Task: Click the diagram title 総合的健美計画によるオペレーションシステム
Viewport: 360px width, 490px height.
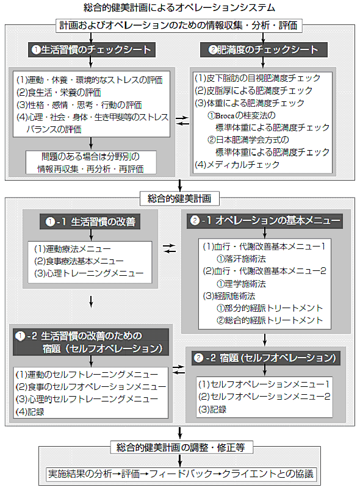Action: click(x=179, y=7)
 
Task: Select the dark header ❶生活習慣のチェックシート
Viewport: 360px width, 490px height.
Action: click(x=92, y=49)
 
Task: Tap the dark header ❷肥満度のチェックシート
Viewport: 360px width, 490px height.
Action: click(x=264, y=49)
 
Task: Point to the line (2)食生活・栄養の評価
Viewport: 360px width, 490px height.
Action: click(x=59, y=93)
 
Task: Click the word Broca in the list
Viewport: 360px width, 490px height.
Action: click(x=225, y=115)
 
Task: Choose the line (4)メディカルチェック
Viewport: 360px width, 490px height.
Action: click(x=237, y=164)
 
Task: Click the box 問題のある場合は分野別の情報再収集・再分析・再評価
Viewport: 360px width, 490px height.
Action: click(x=91, y=162)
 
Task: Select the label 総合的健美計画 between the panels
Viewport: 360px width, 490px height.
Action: click(x=179, y=198)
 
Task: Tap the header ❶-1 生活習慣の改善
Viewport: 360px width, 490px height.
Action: click(x=90, y=222)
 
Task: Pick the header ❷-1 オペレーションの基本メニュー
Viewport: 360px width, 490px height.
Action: click(x=265, y=221)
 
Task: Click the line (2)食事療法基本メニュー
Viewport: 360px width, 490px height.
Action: click(x=79, y=261)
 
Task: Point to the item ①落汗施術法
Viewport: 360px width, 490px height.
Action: click(x=241, y=259)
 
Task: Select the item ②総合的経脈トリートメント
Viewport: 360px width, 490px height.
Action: click(x=269, y=320)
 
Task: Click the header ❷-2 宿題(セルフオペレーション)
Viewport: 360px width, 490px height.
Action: click(x=265, y=358)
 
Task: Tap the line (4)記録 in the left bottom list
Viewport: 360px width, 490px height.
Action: click(x=30, y=412)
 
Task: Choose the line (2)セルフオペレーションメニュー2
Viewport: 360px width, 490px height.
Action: click(x=264, y=397)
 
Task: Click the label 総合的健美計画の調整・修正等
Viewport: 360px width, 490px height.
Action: click(x=181, y=447)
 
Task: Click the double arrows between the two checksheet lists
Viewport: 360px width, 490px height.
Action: click(x=182, y=121)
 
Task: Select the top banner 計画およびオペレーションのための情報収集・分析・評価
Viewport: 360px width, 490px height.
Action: click(x=179, y=25)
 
